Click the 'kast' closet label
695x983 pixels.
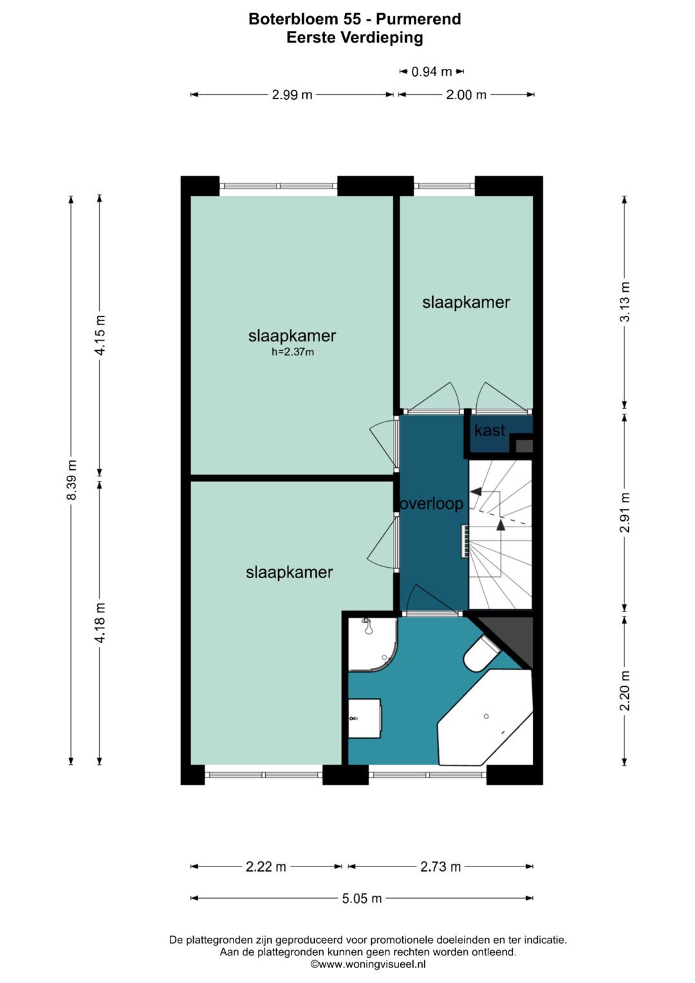pyautogui.click(x=490, y=430)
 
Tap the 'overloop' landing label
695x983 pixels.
pyautogui.click(x=432, y=503)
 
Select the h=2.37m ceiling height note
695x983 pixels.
pyautogui.click(x=293, y=352)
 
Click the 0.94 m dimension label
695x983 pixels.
pyautogui.click(x=431, y=71)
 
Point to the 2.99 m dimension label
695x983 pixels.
pyautogui.click(x=292, y=95)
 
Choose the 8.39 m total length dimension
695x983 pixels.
pyautogui.click(x=71, y=480)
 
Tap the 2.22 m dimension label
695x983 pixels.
pyautogui.click(x=266, y=866)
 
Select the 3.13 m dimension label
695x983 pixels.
pyautogui.click(x=624, y=302)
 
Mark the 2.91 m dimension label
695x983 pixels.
pyautogui.click(x=624, y=512)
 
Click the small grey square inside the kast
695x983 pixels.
pyautogui.click(x=524, y=446)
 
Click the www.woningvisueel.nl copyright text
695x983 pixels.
pyautogui.click(x=368, y=964)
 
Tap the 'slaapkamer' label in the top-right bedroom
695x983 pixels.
pyautogui.click(x=466, y=303)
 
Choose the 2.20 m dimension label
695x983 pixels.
pyautogui.click(x=624, y=690)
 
